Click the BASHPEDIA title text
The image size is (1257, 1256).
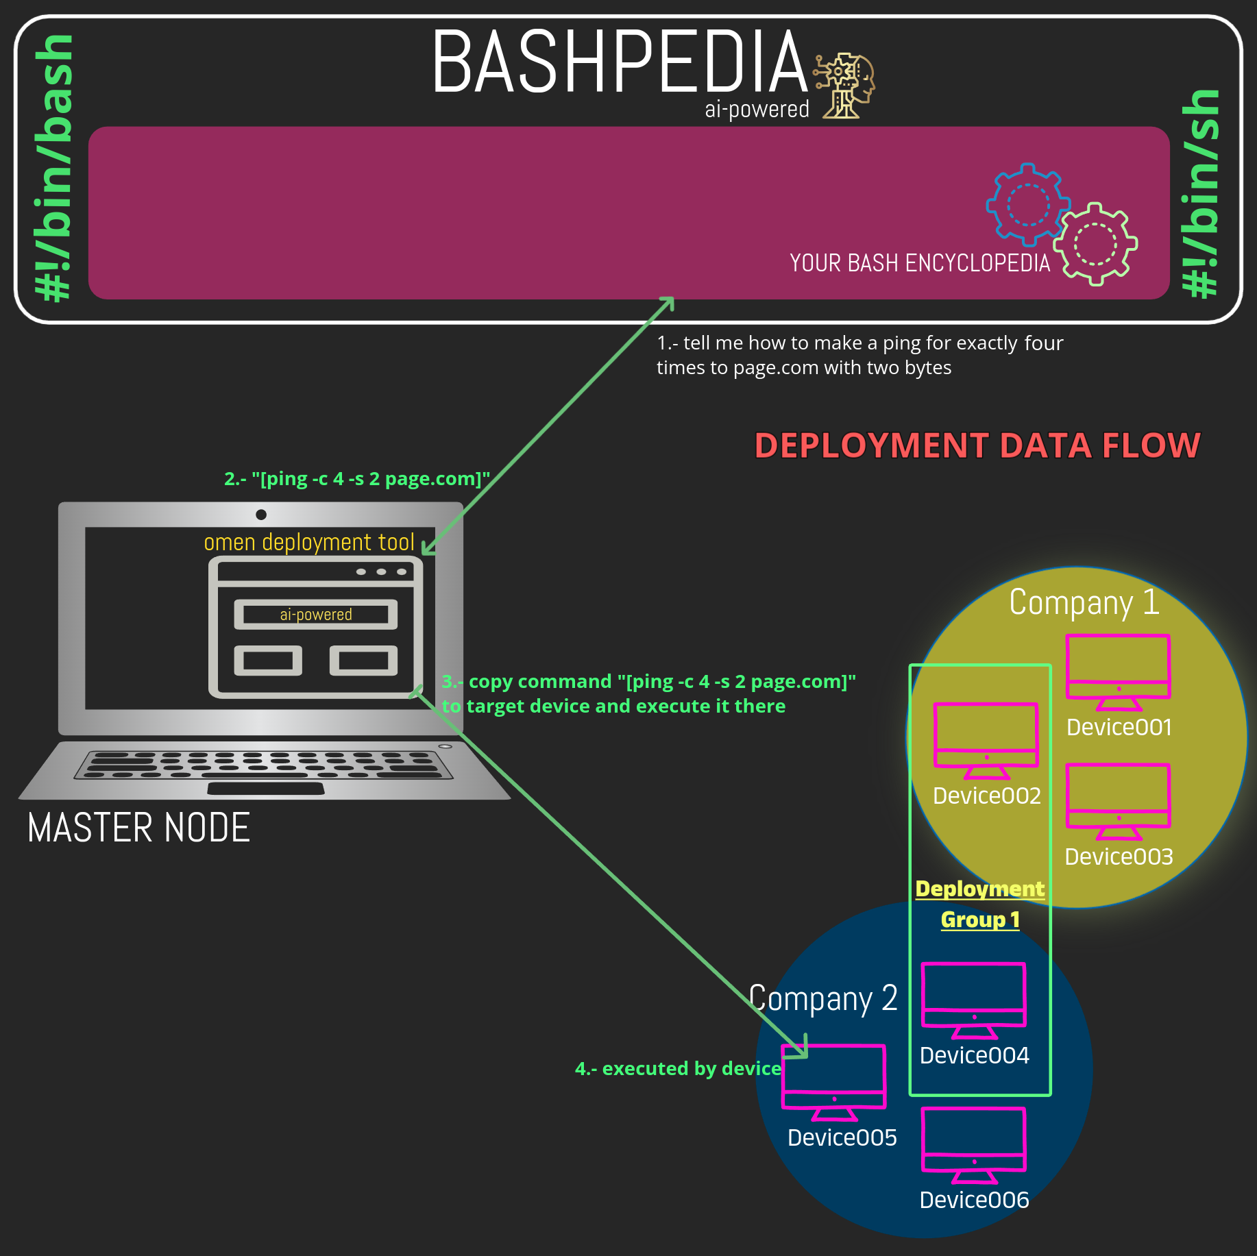(x=620, y=62)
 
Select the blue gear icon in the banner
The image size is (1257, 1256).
(x=1027, y=204)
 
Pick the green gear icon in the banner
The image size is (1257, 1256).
(x=1095, y=244)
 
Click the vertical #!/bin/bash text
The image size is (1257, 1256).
(x=55, y=168)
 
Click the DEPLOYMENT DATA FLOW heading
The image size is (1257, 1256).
(x=977, y=445)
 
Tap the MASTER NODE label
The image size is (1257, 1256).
(x=138, y=828)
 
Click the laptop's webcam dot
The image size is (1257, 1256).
(x=261, y=515)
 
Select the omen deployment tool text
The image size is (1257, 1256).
(x=309, y=542)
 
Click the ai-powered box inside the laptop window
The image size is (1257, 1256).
(x=316, y=615)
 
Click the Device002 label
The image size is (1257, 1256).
(x=986, y=796)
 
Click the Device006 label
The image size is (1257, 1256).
(x=974, y=1200)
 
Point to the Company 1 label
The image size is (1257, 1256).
(x=1084, y=602)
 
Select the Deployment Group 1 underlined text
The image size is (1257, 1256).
(x=980, y=904)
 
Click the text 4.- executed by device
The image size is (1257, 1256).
(x=677, y=1068)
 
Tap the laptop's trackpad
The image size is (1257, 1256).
(x=266, y=789)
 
